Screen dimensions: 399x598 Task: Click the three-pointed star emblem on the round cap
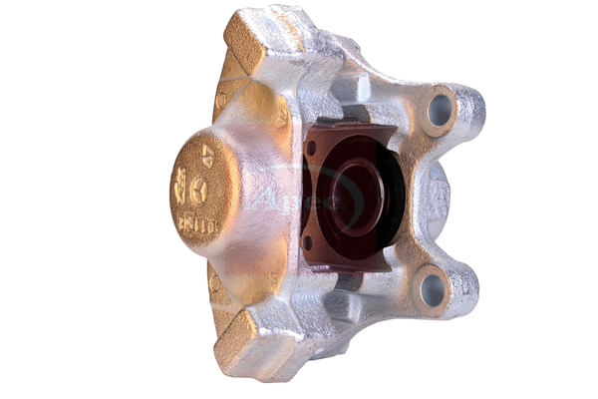(x=200, y=189)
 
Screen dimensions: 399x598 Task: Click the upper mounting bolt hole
(x=440, y=110)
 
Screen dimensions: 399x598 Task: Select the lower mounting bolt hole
(x=432, y=289)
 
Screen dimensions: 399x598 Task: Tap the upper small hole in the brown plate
(x=311, y=148)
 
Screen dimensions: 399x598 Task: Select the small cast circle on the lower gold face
(x=214, y=283)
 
